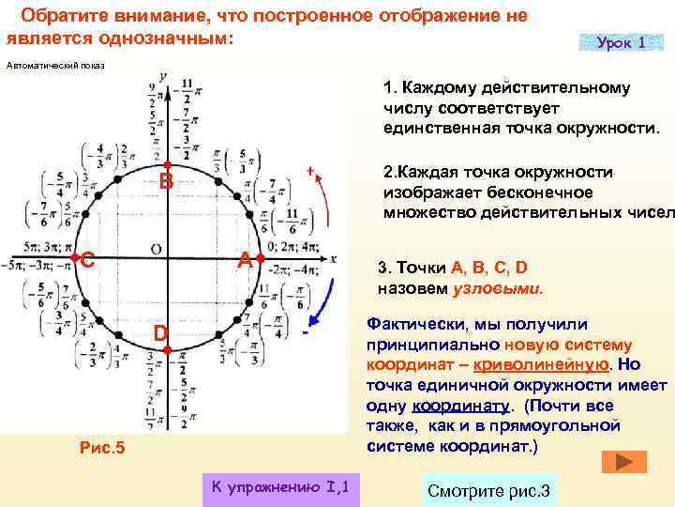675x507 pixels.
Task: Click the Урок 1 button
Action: tap(621, 43)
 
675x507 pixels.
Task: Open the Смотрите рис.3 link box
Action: tap(489, 491)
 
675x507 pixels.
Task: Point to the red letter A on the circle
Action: tap(244, 259)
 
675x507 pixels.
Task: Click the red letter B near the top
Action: tap(165, 181)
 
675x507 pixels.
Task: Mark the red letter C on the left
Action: tap(87, 260)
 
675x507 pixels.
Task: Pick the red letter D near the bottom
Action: tap(161, 333)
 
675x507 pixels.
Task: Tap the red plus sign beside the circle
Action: tap(309, 171)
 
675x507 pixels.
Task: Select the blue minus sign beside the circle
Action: tap(307, 331)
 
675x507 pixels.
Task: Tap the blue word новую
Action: tap(534, 344)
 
